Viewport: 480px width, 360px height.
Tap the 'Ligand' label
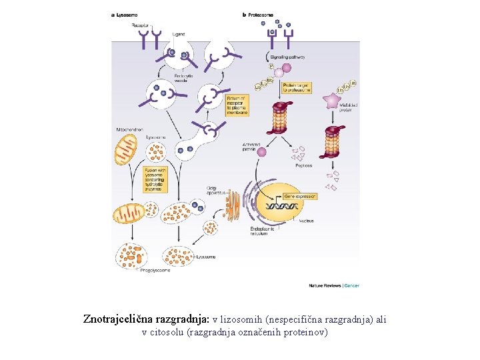[179, 33]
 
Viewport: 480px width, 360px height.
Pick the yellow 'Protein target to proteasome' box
[297, 87]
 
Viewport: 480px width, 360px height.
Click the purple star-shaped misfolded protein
[331, 101]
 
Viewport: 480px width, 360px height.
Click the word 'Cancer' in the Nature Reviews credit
[352, 286]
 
